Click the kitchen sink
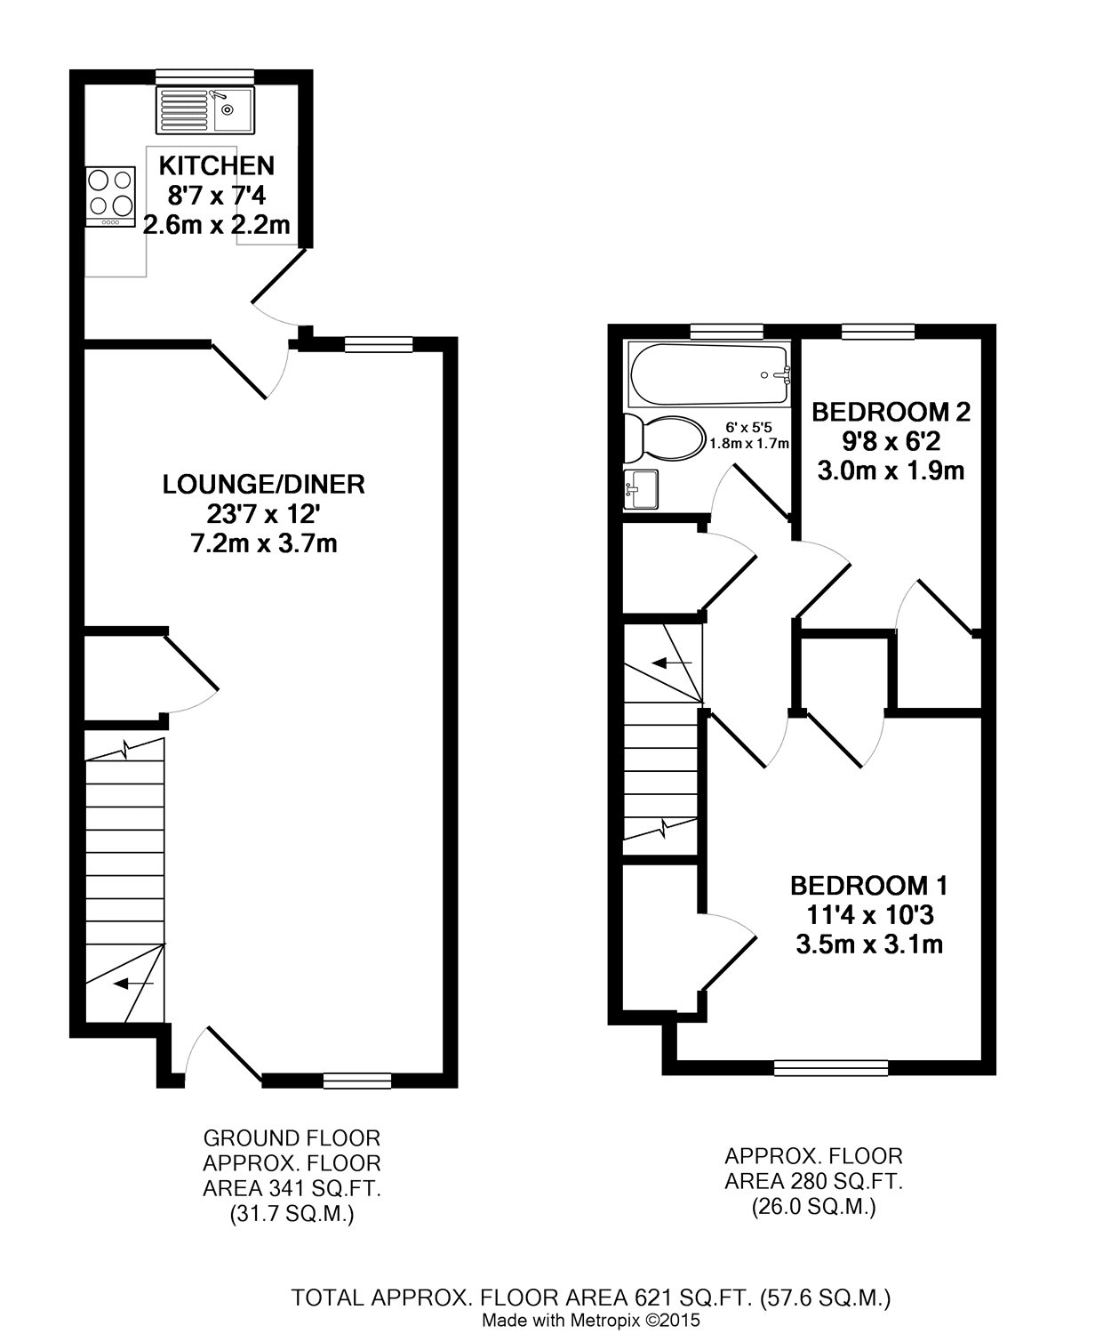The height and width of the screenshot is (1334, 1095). click(205, 110)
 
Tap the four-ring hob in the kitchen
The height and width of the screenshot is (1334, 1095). click(110, 197)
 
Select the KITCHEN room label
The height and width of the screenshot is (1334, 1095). click(217, 165)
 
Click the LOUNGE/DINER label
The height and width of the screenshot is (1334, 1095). click(264, 485)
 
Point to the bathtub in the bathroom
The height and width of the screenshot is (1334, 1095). click(709, 374)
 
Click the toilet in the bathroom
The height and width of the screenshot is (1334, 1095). click(664, 438)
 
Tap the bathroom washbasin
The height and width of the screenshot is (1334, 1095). click(641, 489)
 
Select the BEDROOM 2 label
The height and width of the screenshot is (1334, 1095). click(891, 413)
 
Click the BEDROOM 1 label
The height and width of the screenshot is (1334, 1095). click(869, 886)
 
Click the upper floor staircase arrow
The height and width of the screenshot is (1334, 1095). click(672, 663)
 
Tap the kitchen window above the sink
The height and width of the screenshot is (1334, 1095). click(204, 76)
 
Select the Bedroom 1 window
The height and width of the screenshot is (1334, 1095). click(831, 1068)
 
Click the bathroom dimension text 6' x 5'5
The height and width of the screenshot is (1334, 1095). click(748, 429)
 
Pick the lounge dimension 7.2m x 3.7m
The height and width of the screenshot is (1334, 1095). click(264, 544)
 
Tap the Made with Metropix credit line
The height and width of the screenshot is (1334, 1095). click(591, 1320)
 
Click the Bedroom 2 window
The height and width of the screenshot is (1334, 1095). click(878, 331)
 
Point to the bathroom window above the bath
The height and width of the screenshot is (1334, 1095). click(727, 331)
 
